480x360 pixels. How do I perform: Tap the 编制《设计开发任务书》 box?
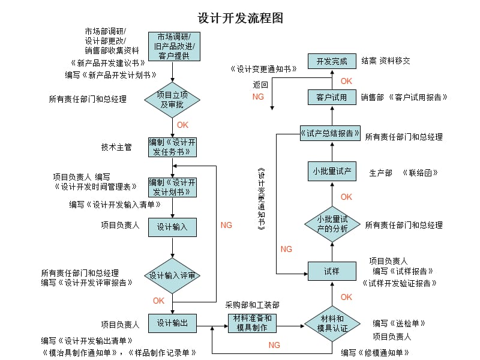(x=173, y=147)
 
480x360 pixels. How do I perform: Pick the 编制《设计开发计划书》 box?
(x=173, y=187)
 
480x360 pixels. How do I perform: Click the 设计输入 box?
(x=173, y=227)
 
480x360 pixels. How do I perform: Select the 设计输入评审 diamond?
(x=173, y=275)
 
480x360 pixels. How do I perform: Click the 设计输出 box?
(x=173, y=324)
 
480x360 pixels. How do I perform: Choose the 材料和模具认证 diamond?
(x=332, y=323)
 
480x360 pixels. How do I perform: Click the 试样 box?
(x=332, y=271)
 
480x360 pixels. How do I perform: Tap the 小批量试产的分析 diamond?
(x=332, y=224)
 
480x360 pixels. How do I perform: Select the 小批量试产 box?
(x=332, y=171)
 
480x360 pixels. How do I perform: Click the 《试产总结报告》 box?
(x=331, y=133)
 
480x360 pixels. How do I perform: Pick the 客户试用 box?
(x=332, y=97)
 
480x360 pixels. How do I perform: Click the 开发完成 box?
(x=332, y=61)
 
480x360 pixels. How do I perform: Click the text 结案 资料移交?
(x=386, y=61)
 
